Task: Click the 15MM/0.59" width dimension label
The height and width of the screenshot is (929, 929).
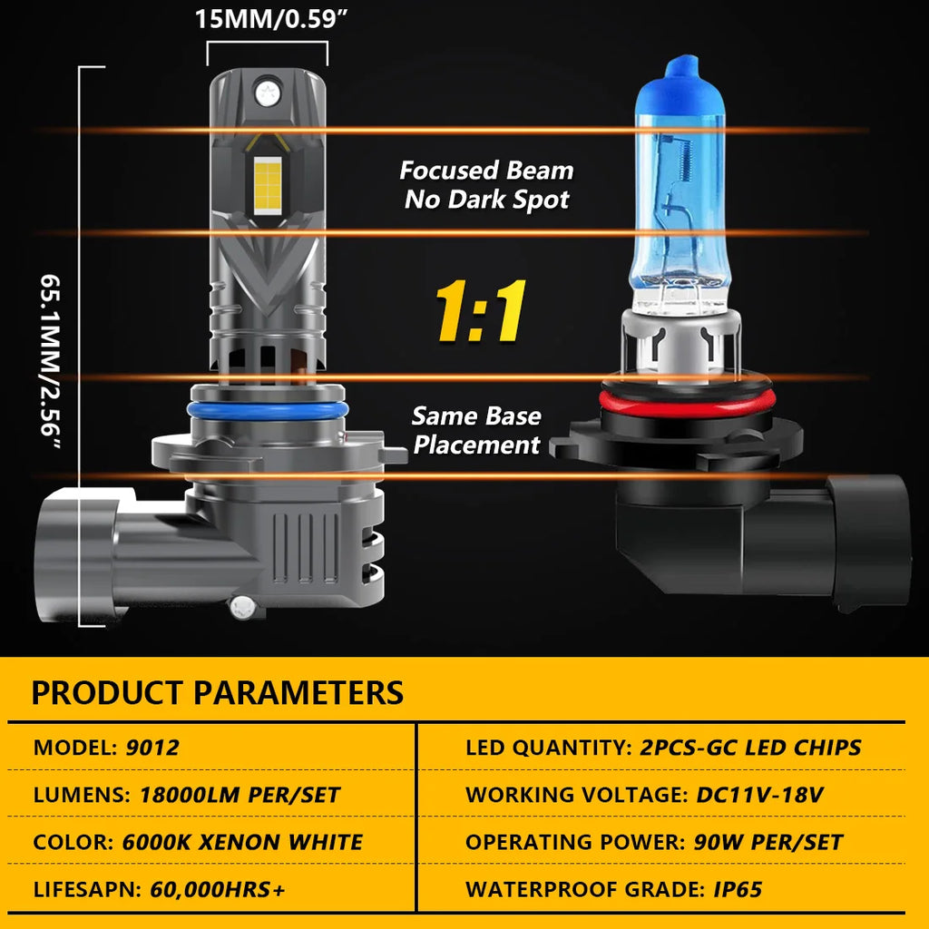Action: (270, 19)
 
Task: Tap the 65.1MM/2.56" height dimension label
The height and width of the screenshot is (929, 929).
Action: (51, 362)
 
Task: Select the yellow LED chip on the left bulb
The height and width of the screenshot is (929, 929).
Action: (268, 185)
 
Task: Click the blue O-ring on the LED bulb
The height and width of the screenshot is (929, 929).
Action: (268, 410)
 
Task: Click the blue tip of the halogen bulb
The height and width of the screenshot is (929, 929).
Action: (682, 68)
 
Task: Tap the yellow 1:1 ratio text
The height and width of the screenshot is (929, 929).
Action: (481, 310)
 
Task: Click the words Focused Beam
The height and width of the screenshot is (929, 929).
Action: (486, 171)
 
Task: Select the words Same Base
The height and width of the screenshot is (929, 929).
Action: (476, 416)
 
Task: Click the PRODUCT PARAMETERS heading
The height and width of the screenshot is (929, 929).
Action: (218, 692)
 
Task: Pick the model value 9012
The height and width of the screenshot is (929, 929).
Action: (152, 748)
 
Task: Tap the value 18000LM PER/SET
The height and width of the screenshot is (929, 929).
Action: (240, 795)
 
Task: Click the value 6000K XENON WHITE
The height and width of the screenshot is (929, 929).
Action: (242, 842)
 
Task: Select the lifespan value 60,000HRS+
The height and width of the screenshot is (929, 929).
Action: (218, 889)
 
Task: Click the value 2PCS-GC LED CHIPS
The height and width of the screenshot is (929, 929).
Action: (750, 748)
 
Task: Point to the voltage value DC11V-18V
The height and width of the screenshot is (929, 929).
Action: (759, 795)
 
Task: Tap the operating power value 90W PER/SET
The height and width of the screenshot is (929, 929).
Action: (768, 842)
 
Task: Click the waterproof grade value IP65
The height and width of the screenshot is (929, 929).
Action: (738, 889)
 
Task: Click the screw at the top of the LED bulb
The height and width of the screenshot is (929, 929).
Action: (268, 93)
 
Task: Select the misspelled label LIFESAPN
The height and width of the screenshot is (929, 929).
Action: (87, 889)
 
